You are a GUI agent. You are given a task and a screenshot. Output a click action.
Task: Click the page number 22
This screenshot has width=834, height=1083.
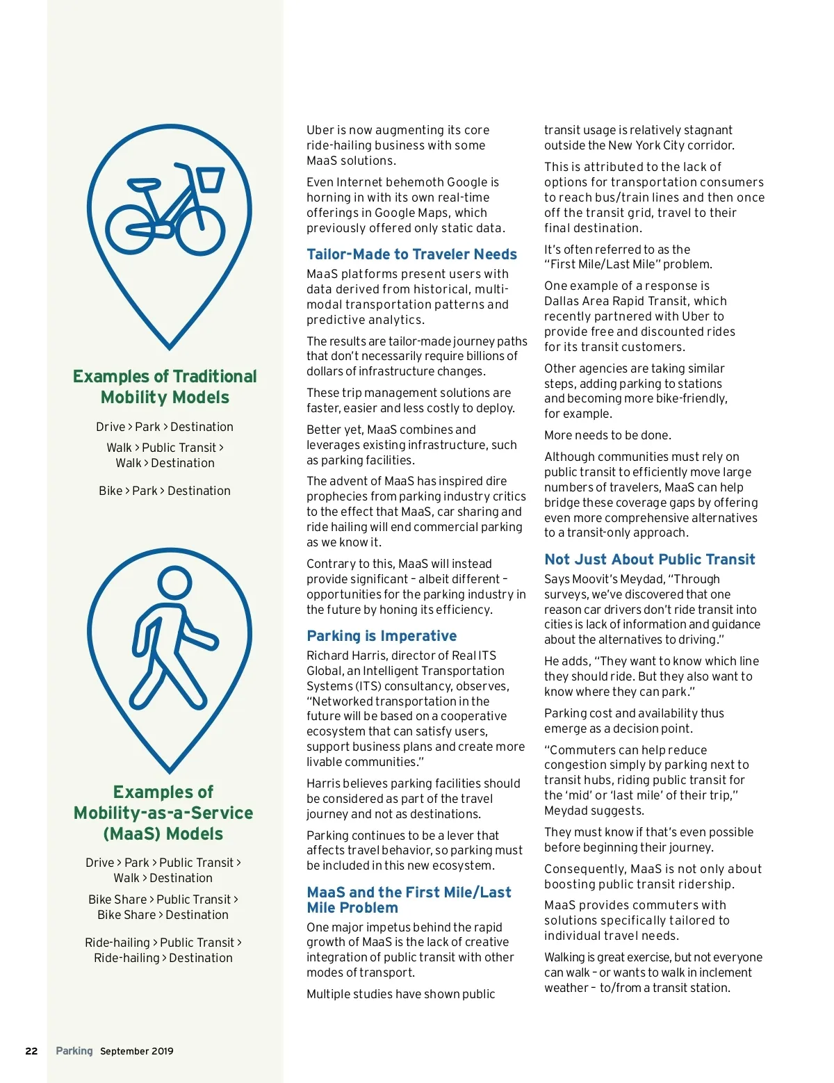point(31,1051)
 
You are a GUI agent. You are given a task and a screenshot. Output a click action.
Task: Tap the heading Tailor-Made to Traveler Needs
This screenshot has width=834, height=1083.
point(411,254)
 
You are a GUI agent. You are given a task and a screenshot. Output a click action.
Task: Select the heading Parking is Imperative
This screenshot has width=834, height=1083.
point(382,636)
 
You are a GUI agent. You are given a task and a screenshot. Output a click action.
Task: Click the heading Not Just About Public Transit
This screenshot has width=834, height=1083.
point(649,560)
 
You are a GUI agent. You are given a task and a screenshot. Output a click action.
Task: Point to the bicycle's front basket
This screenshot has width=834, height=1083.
point(210,179)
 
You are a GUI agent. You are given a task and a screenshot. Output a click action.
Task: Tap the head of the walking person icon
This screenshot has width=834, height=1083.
point(174,583)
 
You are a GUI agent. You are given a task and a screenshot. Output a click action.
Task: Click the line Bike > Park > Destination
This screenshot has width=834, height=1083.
point(165,491)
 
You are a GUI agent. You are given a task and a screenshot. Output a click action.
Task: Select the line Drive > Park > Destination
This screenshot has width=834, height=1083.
point(165,427)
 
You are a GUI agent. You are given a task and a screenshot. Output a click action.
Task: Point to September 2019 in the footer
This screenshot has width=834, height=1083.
point(137,1051)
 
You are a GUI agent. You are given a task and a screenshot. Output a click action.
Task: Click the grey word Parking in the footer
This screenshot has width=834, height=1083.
point(74,1051)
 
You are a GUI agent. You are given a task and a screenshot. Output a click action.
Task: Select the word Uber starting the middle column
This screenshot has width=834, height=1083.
point(320,130)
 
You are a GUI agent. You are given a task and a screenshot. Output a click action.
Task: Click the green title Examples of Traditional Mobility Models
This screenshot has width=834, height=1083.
point(165,386)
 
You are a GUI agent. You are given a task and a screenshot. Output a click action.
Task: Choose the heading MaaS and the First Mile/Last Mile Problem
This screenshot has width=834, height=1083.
point(409,900)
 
